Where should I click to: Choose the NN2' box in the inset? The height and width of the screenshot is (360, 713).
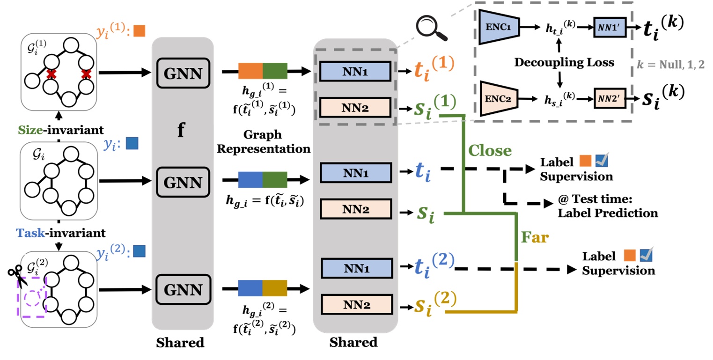[608, 100]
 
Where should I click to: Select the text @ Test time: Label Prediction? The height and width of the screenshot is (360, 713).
[607, 206]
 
